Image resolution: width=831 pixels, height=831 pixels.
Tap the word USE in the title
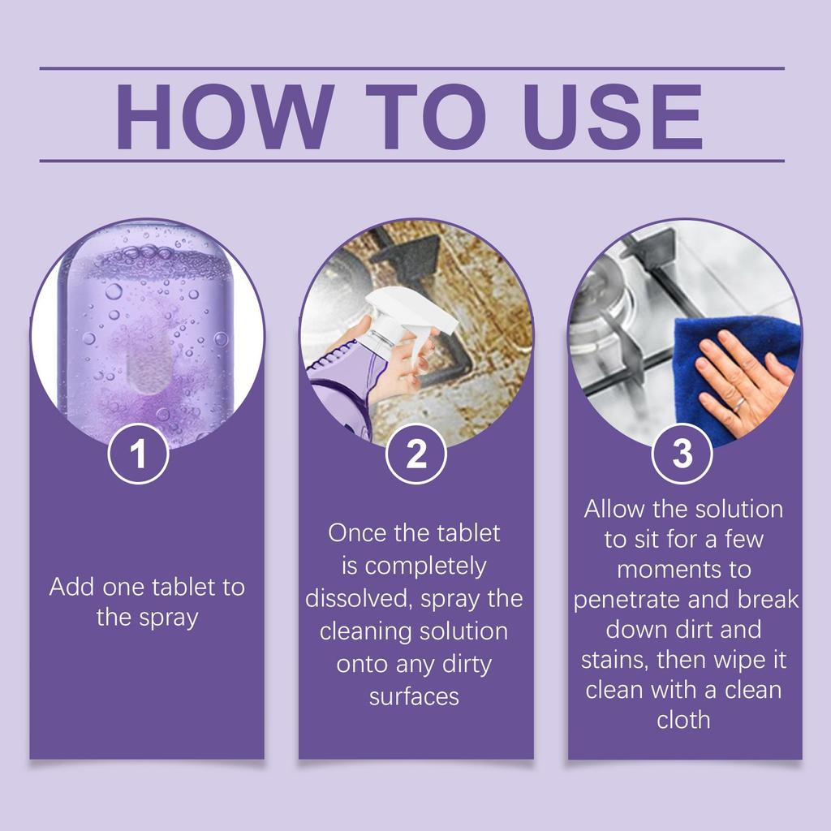(613, 116)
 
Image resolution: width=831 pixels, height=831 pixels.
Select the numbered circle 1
(138, 454)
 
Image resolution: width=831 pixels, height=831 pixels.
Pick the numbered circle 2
(416, 454)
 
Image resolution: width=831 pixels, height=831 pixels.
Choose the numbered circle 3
(682, 454)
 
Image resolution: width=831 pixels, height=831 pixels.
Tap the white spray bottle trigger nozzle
(402, 319)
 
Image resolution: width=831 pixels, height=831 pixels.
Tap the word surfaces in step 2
(414, 697)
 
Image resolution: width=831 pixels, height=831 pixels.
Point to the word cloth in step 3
(683, 720)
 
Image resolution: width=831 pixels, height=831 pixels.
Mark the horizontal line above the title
(411, 68)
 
